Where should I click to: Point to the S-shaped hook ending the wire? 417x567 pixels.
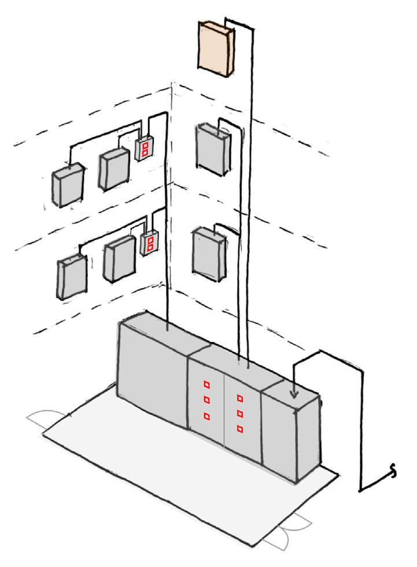point(394,473)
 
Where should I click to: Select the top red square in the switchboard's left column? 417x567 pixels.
point(206,384)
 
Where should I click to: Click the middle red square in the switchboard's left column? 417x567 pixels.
point(206,400)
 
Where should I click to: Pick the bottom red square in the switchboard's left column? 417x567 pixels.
point(206,416)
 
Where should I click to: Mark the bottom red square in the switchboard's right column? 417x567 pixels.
point(239,428)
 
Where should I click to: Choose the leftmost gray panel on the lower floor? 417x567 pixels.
point(71,277)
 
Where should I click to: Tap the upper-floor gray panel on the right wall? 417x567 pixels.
point(211,148)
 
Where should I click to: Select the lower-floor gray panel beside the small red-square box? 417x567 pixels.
point(119,258)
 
